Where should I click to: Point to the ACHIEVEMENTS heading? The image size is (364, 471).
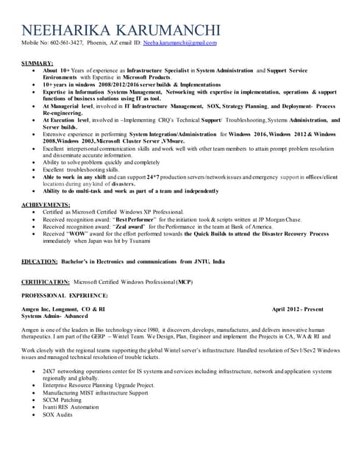click(46, 204)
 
